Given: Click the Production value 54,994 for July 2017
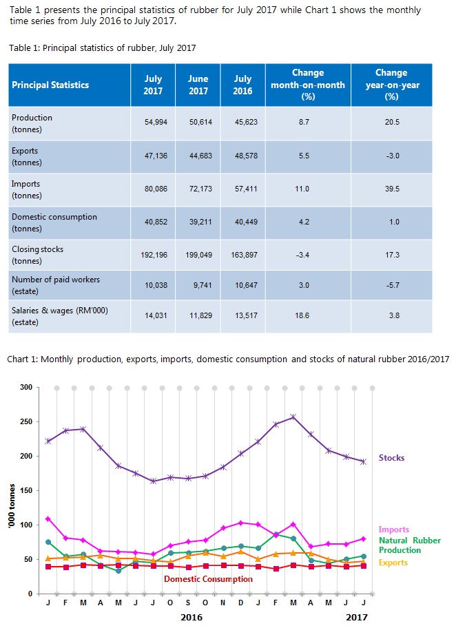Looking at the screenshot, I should click(x=153, y=124).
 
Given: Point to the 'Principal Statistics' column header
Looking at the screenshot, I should click(x=50, y=85).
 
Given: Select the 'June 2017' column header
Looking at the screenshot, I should click(x=198, y=85).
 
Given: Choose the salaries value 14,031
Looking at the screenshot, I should click(x=153, y=317).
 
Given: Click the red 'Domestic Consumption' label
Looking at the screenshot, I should click(x=208, y=579).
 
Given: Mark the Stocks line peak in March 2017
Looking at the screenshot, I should click(x=293, y=417).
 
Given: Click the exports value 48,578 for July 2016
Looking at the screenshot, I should click(x=242, y=156).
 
